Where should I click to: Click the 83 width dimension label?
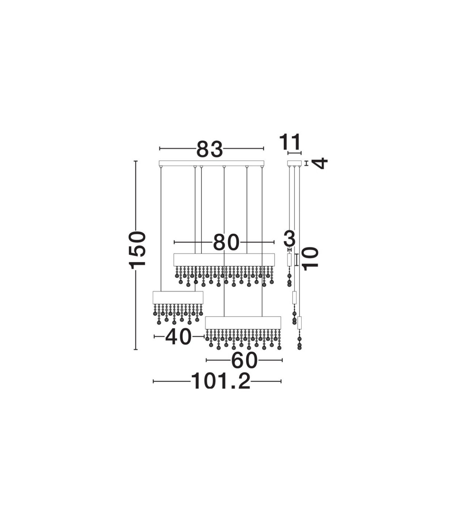tap(209, 149)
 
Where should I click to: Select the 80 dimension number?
tap(226, 242)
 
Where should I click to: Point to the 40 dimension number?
tap(178, 337)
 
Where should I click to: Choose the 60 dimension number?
tap(244, 360)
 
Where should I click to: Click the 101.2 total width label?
tap(221, 388)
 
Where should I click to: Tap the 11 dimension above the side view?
tap(290, 142)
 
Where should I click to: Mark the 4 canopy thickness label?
tap(320, 163)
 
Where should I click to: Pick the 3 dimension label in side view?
tap(289, 238)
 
